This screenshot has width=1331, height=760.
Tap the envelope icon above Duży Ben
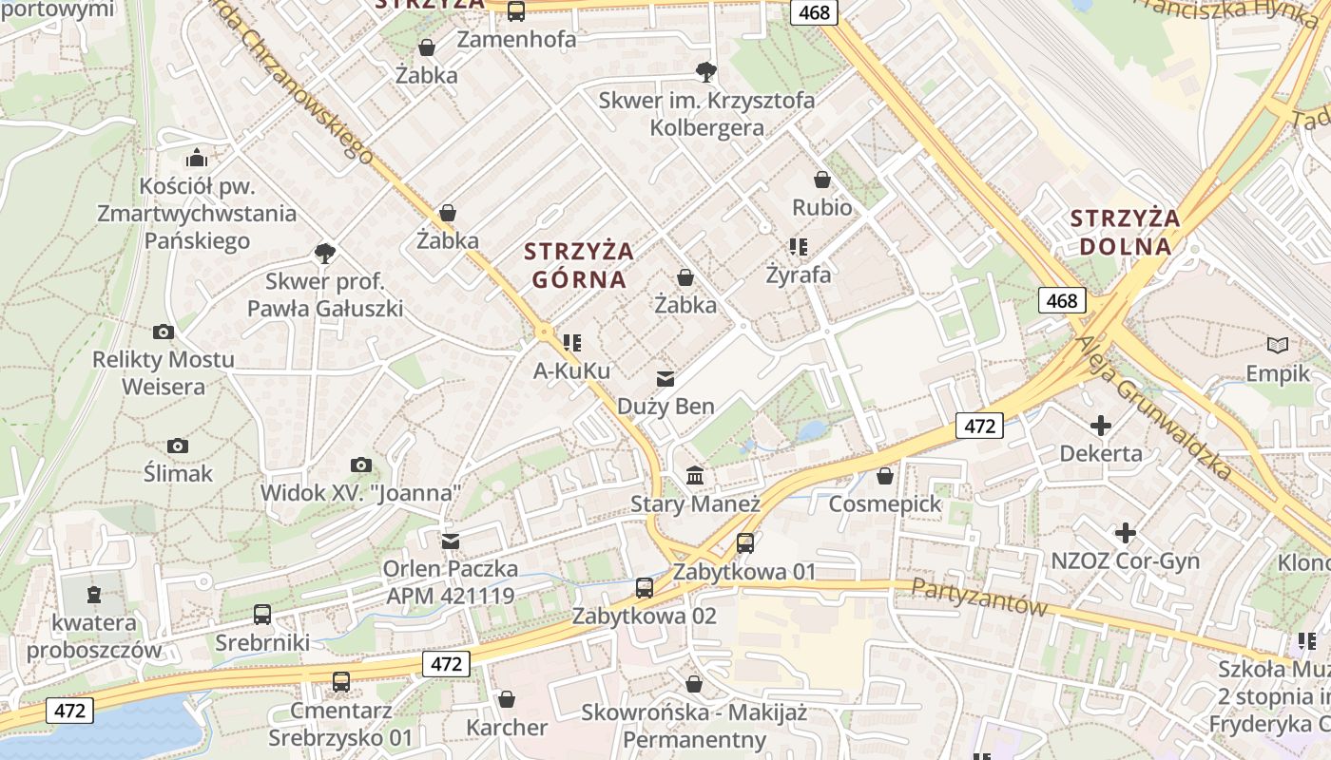pyautogui.click(x=665, y=379)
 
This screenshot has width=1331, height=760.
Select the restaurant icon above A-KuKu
pyautogui.click(x=571, y=342)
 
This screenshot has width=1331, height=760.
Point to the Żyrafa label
pyautogui.click(x=799, y=275)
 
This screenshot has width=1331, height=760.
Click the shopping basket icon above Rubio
pyautogui.click(x=822, y=179)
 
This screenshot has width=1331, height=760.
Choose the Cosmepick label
pyautogui.click(x=885, y=503)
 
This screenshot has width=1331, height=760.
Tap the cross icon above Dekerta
pyautogui.click(x=1101, y=425)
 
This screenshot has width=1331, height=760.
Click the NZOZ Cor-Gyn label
pyautogui.click(x=1126, y=560)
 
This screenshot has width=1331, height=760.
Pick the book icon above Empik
pyautogui.click(x=1278, y=345)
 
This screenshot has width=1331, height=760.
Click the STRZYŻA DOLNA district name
pyautogui.click(x=1126, y=232)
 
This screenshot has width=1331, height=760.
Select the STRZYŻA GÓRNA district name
pyautogui.click(x=579, y=265)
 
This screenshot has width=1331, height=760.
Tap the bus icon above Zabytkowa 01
pyautogui.click(x=745, y=543)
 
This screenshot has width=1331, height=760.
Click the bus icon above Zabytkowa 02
pyautogui.click(x=645, y=587)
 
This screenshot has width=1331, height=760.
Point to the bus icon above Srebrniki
pyautogui.click(x=262, y=615)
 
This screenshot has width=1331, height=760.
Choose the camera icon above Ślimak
pyautogui.click(x=178, y=446)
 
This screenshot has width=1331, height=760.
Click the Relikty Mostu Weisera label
pyautogui.click(x=164, y=373)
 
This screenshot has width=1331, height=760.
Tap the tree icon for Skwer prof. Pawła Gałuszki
pyautogui.click(x=325, y=253)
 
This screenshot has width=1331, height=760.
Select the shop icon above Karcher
pyautogui.click(x=507, y=699)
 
